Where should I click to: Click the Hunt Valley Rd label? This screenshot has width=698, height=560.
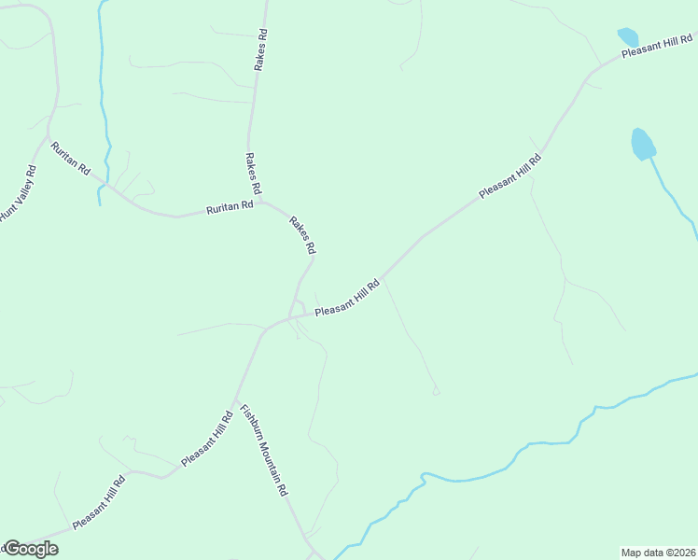tap(18, 193)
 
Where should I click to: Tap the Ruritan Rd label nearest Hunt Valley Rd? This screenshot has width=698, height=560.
tap(71, 159)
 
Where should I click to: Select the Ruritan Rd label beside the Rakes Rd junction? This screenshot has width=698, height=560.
tap(230, 206)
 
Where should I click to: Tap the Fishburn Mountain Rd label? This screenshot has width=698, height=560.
tap(263, 449)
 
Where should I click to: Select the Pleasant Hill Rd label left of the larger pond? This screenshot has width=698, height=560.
tap(510, 175)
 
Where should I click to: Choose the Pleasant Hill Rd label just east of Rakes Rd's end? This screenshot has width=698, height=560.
tap(347, 299)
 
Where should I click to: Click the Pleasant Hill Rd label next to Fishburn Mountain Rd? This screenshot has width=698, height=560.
tap(207, 438)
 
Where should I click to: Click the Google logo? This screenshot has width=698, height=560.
tap(30, 549)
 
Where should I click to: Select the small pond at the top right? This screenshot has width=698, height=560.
tap(628, 37)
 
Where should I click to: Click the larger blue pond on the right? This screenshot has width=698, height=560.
tap(643, 144)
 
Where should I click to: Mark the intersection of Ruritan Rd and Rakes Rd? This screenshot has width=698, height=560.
tap(263, 201)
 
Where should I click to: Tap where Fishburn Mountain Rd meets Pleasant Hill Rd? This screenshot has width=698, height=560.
tap(234, 401)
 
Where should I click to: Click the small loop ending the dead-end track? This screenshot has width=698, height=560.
tap(436, 392)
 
